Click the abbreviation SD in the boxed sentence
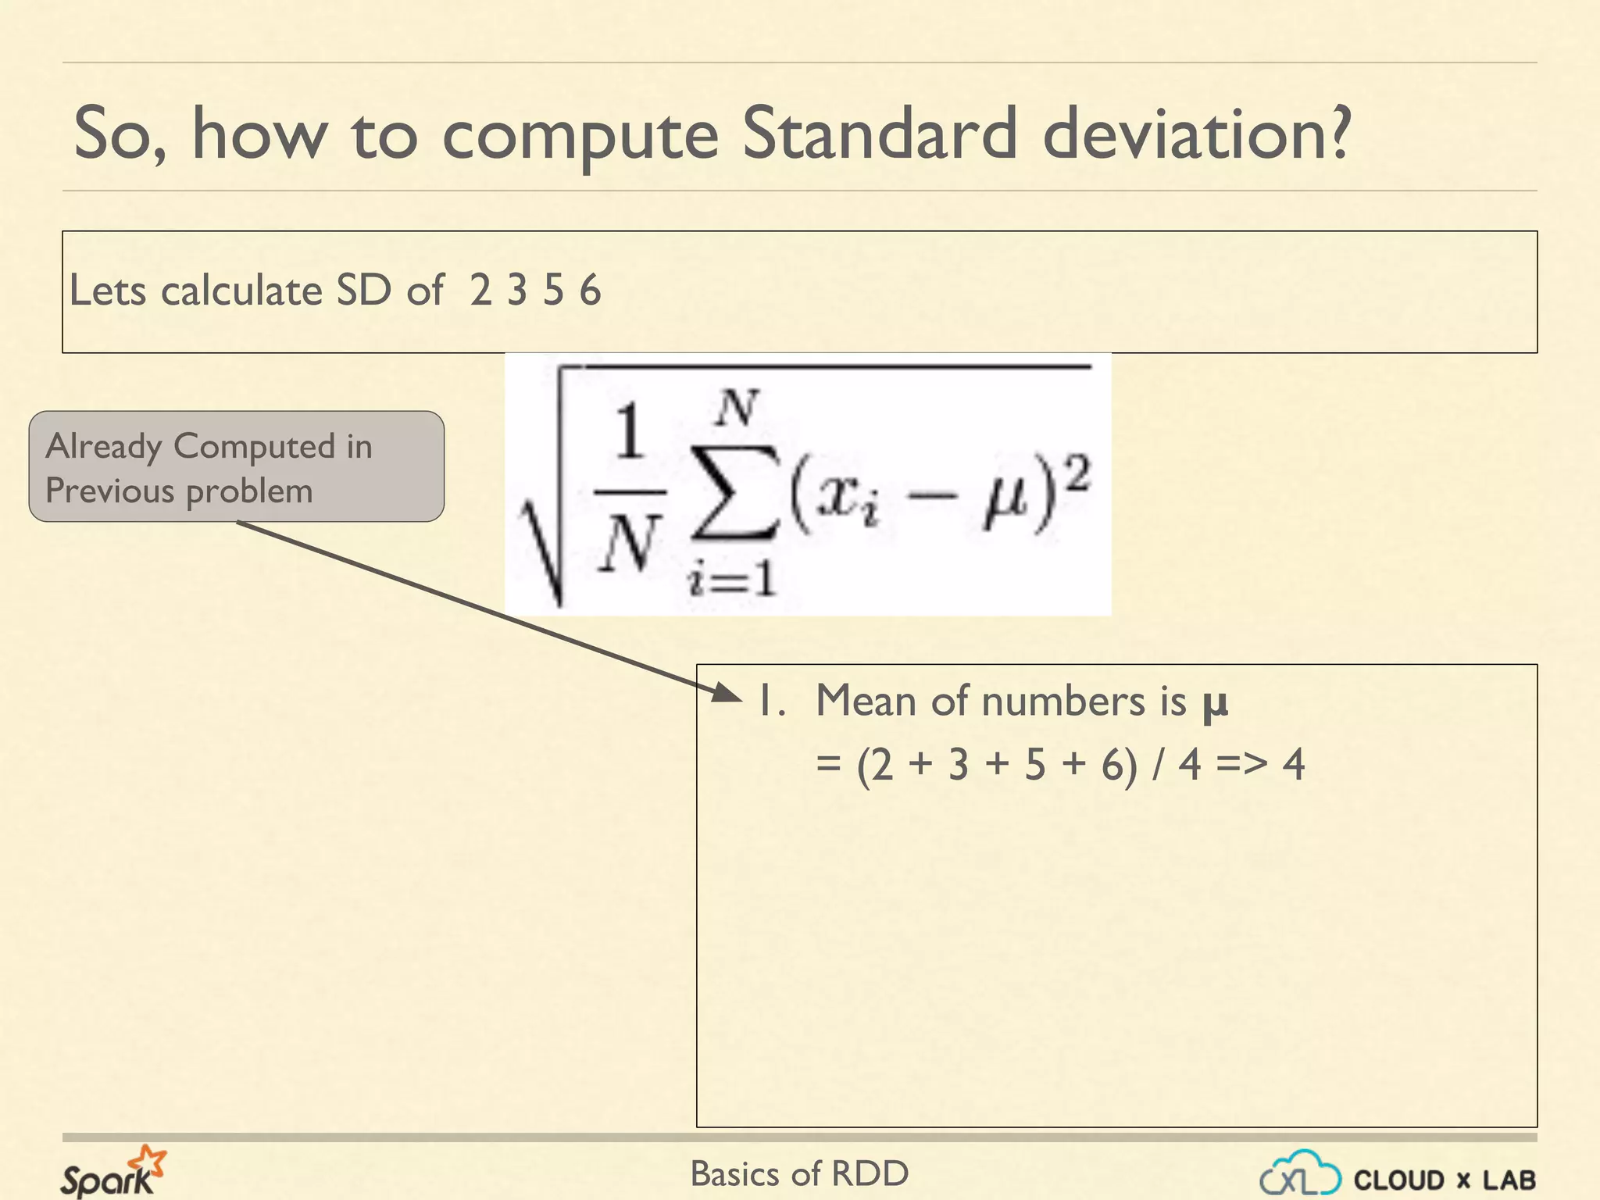point(363,291)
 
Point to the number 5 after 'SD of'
point(553,291)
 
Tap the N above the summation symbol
point(737,408)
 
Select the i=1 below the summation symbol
point(732,580)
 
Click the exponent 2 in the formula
point(1077,473)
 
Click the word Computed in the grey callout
point(255,447)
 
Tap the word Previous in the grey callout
point(109,491)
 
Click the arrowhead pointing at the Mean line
point(727,692)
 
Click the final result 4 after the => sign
point(1294,764)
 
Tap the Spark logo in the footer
point(112,1172)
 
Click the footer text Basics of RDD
point(799,1173)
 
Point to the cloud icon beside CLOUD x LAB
point(1301,1174)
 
